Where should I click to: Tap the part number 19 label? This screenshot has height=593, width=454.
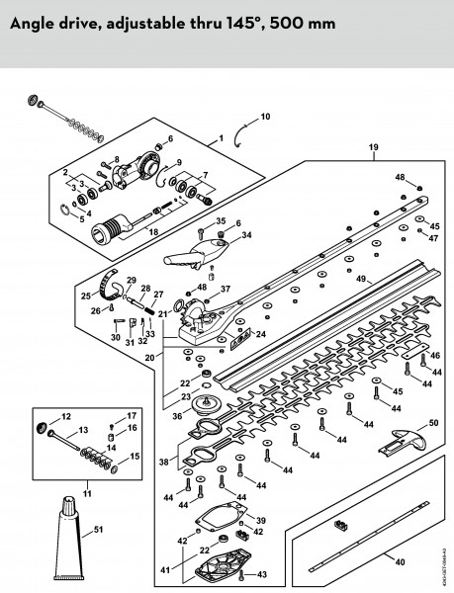(374, 147)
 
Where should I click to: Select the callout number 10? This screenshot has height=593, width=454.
(266, 117)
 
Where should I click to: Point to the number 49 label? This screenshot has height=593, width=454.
(361, 279)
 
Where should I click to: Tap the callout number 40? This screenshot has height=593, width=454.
(400, 562)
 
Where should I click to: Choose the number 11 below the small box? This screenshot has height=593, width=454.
(87, 493)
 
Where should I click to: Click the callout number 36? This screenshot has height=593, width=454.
(177, 416)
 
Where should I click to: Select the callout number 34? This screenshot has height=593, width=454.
(246, 235)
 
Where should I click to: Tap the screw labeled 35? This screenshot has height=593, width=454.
(200, 233)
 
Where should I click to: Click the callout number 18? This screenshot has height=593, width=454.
(153, 231)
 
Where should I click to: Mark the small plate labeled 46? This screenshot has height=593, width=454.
(415, 350)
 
